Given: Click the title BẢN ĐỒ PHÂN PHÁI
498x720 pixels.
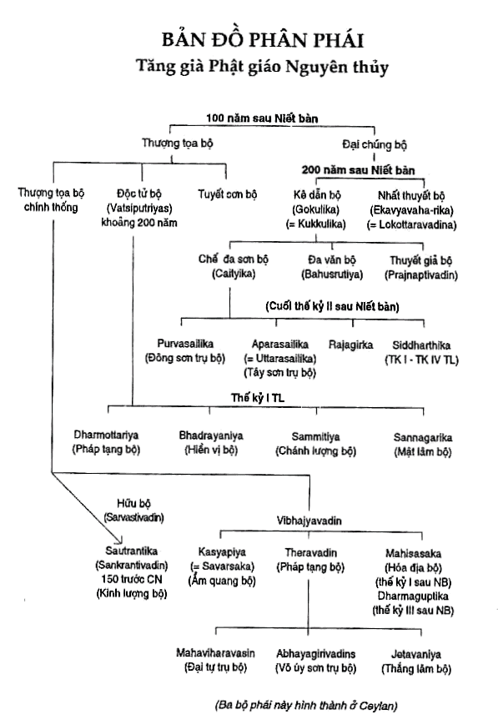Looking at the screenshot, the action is pos(263,39).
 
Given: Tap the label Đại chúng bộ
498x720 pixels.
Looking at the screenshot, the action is pos(375,144).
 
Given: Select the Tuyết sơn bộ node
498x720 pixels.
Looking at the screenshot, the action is pos(228,194).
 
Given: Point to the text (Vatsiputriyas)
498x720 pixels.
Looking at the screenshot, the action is pos(139,209).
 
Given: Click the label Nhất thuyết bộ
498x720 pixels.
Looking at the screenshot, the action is pos(411,196).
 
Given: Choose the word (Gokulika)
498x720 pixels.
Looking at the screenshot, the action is pos(316,210).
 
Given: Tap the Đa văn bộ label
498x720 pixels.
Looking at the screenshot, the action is pos(332,260).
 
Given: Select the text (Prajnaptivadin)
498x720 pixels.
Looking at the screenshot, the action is pos(421,275).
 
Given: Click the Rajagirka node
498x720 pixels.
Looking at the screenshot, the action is pos(350,345).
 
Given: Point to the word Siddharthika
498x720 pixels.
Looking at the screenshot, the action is pos(421,345).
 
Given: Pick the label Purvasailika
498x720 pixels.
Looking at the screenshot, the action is pos(185,344).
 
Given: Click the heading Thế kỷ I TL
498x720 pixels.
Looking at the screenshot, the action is pos(258,398).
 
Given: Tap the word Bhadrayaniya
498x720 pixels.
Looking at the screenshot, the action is pos(211,436).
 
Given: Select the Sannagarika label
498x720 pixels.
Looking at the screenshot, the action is pos(423,438).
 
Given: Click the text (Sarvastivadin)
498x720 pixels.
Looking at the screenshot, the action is pos(134,517).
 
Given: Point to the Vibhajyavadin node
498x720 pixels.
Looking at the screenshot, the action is pos(309,521).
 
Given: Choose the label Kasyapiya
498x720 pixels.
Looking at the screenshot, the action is pos(222,552).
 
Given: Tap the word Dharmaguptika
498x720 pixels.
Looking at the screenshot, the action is pos(413,596).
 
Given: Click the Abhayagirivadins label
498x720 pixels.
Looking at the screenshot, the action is pos(316,654).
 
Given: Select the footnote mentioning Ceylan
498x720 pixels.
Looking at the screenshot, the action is pos(305,705).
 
